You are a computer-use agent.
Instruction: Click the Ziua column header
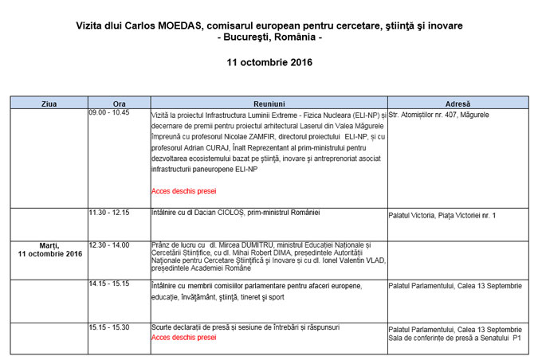pos(49,103)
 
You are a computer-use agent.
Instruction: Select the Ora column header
pos(119,103)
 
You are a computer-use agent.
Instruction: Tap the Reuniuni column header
pos(269,103)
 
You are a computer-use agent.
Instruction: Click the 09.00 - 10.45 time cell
pos(109,114)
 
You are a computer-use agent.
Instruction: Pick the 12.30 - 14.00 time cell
pos(109,245)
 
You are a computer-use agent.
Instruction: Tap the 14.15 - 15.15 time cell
pos(109,284)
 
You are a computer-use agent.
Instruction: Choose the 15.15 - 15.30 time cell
pos(109,327)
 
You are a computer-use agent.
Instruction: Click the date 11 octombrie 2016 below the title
pos(269,62)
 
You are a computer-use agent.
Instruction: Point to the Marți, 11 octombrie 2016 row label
pos(50,249)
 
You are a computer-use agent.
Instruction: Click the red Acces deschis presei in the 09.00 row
pos(183,191)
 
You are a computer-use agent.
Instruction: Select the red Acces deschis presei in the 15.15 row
pos(183,338)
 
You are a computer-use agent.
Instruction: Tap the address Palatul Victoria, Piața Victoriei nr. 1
pos(442,215)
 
